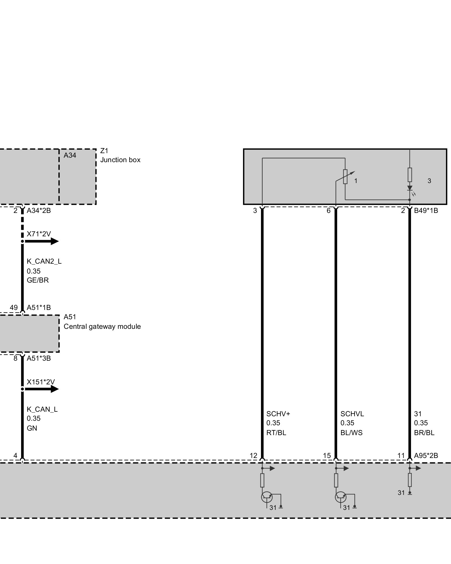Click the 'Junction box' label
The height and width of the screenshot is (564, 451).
120,160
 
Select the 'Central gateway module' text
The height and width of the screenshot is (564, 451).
102,327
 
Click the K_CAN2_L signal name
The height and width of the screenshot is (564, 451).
44,261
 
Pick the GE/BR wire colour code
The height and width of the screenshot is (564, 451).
38,280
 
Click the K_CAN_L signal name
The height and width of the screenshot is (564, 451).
42,409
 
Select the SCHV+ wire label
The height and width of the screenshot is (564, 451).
278,414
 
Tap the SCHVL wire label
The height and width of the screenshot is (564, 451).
352,414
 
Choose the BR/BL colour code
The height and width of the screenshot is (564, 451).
424,433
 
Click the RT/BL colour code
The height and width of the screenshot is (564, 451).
276,433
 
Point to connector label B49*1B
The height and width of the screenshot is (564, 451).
426,211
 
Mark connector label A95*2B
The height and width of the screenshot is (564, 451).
426,455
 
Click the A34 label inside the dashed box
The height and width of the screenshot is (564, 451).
70,155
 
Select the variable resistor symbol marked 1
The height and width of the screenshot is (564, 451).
345,177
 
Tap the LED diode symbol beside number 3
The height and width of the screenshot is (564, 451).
410,188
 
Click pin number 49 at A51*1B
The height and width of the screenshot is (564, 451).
14,308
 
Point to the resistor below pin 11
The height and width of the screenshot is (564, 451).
410,480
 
